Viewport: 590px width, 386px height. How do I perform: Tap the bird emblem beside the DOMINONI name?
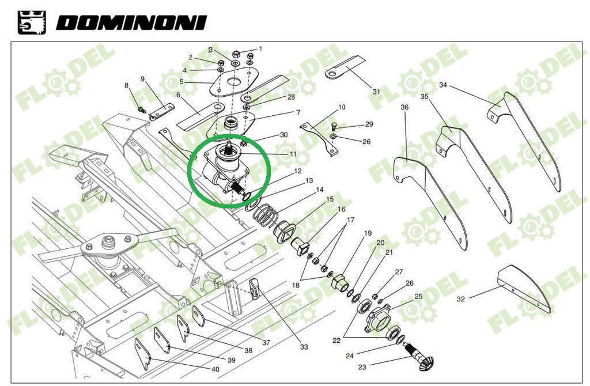pyautogui.click(x=29, y=22)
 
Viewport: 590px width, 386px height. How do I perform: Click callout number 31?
pyautogui.click(x=376, y=91)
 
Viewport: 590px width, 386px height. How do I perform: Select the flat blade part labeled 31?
pyautogui.click(x=346, y=66)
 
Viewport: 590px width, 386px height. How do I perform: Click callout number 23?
pyautogui.click(x=362, y=367)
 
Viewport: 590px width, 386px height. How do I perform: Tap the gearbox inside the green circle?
pyautogui.click(x=228, y=168)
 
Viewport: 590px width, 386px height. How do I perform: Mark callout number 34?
pyautogui.click(x=442, y=85)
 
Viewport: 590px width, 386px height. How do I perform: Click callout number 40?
pyautogui.click(x=215, y=369)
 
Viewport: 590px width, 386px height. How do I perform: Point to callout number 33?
pyautogui.click(x=304, y=347)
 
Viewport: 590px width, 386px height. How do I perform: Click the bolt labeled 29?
pyautogui.click(x=335, y=126)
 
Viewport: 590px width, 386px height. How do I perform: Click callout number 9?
pyautogui.click(x=142, y=79)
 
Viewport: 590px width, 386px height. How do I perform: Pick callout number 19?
pyautogui.click(x=368, y=233)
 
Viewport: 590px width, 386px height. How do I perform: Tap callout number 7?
pyautogui.click(x=298, y=112)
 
